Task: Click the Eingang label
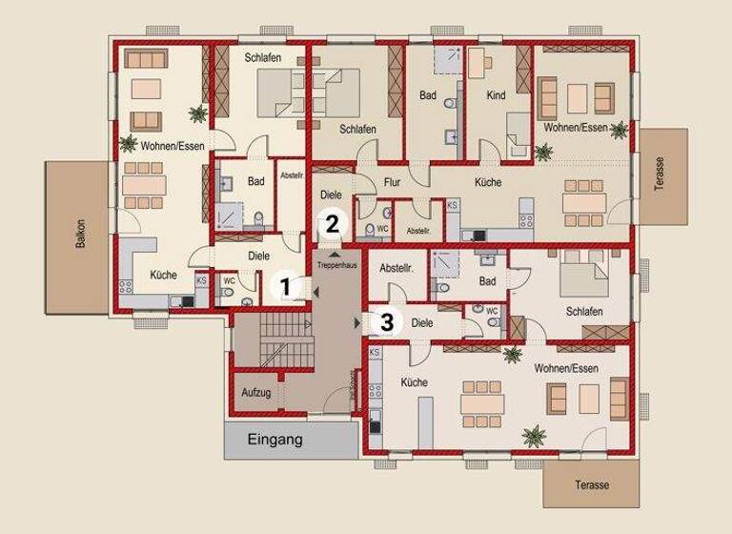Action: [274, 441]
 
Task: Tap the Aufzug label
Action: [256, 393]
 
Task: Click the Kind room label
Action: [496, 96]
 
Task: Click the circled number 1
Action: [283, 283]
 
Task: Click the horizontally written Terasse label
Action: [592, 485]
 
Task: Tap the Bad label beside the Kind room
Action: [428, 95]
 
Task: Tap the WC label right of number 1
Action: [230, 280]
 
